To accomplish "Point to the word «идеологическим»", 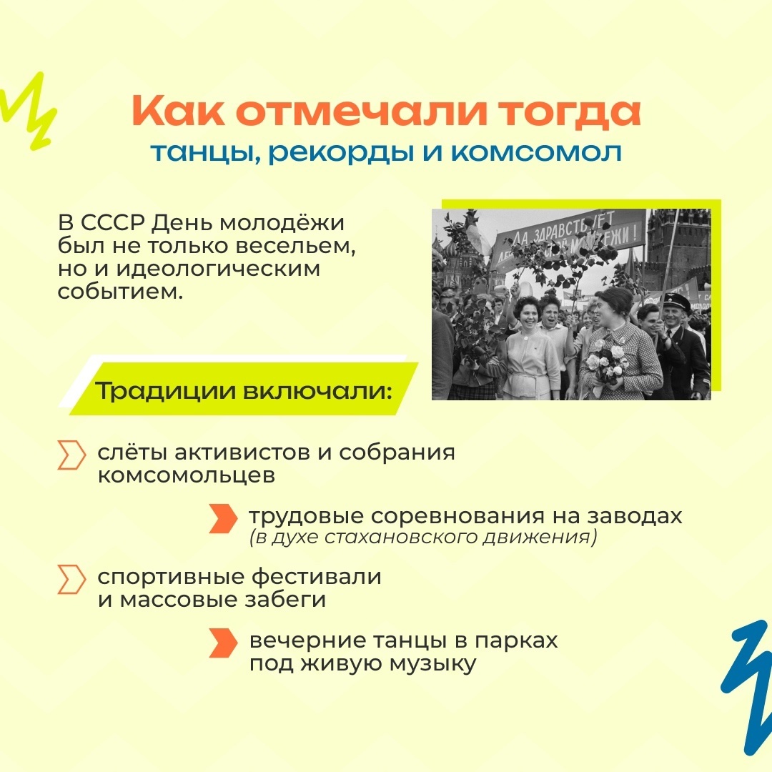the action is (218, 269).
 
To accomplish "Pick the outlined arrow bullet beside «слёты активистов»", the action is (71, 455).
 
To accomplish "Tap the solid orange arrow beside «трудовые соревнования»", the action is (223, 518).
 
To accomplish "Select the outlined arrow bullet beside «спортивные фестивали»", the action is (71, 579).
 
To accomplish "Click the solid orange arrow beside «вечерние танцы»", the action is (223, 643).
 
